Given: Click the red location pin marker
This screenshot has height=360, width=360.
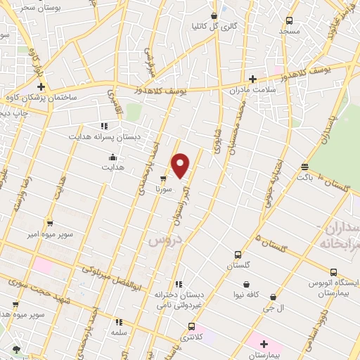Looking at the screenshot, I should [x=181, y=165].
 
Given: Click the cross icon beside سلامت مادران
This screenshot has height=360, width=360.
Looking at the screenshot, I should [x=252, y=79].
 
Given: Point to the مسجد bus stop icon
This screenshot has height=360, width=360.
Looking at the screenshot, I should [x=289, y=20].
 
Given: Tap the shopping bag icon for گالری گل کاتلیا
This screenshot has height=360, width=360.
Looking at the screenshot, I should [x=214, y=15].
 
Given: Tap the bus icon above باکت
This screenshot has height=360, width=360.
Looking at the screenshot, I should [x=304, y=167].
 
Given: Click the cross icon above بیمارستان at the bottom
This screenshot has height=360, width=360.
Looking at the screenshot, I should [x=264, y=343].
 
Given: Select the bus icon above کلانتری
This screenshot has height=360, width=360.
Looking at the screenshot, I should [x=191, y=326].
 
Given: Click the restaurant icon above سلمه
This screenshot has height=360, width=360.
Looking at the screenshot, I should [x=118, y=322].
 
